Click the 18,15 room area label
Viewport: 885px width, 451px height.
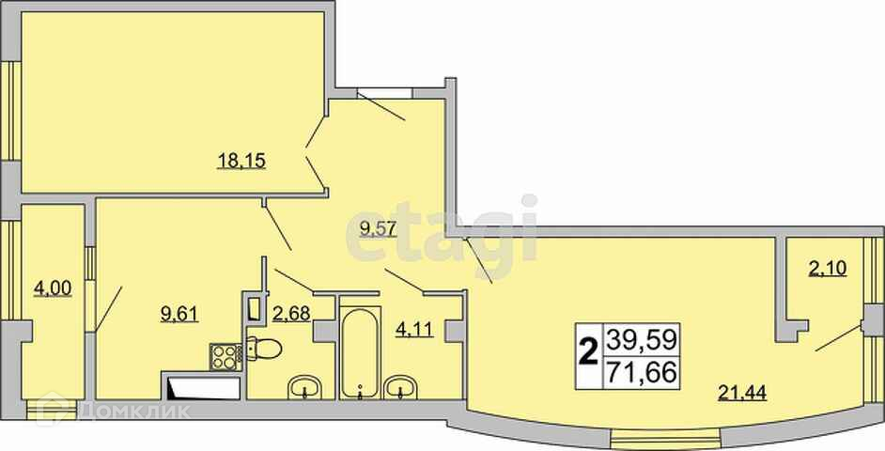click(241, 162)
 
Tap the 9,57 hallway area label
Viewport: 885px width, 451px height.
click(375, 229)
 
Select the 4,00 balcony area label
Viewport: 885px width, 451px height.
click(53, 288)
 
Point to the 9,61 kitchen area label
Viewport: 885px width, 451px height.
click(179, 313)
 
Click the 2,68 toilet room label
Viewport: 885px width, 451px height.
click(291, 313)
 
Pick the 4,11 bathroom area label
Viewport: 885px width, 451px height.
click(414, 329)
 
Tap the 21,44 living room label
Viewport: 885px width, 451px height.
click(741, 391)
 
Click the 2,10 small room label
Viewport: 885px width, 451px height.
click(828, 269)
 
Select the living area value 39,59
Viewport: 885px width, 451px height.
click(641, 340)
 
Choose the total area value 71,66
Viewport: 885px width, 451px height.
click(641, 373)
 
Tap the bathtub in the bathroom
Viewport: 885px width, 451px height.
click(360, 352)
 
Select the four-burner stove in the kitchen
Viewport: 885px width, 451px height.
click(225, 357)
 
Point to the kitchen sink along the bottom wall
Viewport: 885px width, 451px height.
click(203, 388)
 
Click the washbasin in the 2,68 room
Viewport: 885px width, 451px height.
click(304, 388)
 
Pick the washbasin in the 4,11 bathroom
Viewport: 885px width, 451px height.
click(400, 388)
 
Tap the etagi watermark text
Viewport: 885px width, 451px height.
click(442, 231)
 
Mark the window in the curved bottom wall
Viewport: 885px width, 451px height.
click(667, 437)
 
